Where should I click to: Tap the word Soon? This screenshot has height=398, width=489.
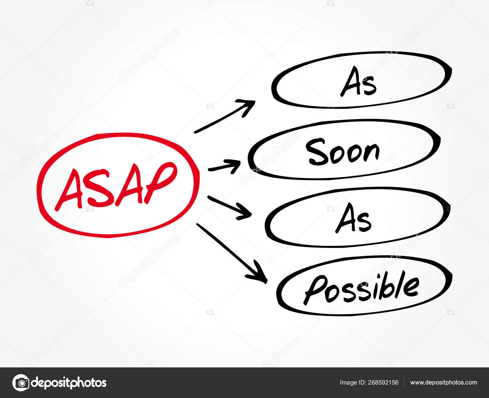pos(343,152)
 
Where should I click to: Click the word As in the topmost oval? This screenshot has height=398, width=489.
pos(358,82)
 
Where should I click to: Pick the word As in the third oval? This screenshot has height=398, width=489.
pos(353,218)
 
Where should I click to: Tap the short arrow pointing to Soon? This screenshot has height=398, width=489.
pos(224,167)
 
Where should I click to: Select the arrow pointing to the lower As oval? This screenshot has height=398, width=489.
pos(229,207)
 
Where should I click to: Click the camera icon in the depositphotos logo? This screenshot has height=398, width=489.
pos(21,383)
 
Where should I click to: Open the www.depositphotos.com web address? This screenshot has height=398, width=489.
pos(443,383)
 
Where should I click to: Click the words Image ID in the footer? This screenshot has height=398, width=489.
pos(352,383)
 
